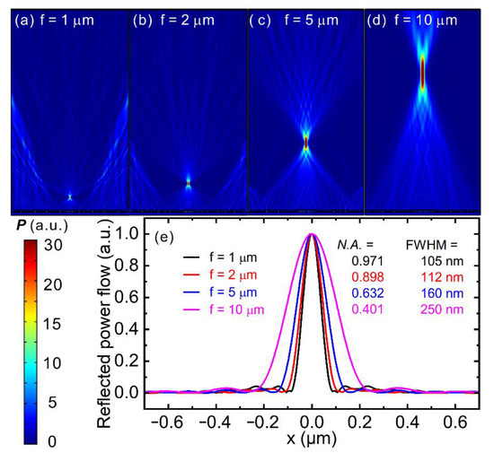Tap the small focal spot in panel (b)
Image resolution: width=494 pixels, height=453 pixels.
coord(189,181)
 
